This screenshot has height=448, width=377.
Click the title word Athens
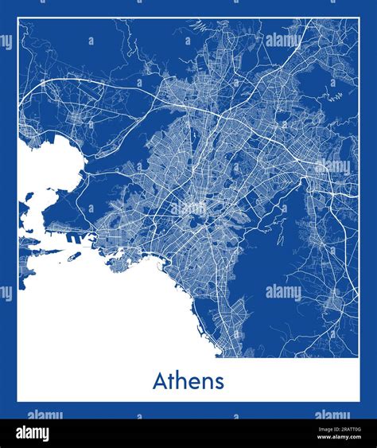click(x=188, y=381)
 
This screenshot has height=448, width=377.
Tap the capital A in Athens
click(x=160, y=381)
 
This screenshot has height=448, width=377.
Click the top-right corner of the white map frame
click(x=358, y=18)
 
